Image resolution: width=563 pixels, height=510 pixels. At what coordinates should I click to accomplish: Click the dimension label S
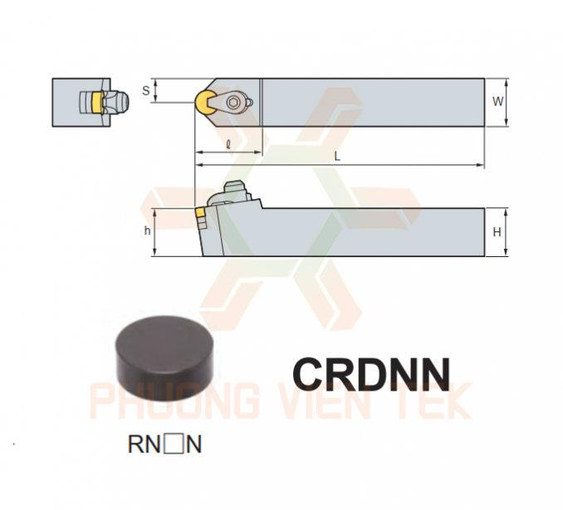[145, 90]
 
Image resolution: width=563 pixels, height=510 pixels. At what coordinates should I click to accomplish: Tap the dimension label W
[497, 102]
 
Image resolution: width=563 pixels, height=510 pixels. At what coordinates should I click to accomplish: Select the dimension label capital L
[337, 156]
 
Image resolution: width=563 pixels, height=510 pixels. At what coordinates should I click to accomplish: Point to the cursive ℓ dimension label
[228, 144]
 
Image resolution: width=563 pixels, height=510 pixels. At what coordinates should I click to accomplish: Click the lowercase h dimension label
[147, 231]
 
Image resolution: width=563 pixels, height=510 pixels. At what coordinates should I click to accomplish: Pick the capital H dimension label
[497, 232]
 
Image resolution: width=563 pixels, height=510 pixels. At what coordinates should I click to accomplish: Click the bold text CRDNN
[372, 375]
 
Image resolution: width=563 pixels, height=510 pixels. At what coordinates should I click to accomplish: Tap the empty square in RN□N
[174, 444]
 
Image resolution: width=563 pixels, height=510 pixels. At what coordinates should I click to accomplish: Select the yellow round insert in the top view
[203, 102]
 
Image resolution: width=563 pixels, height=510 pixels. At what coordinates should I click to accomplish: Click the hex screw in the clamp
[233, 103]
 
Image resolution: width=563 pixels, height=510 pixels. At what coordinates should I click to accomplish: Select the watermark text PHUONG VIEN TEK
[281, 401]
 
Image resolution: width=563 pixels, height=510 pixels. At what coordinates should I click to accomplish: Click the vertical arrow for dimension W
[507, 102]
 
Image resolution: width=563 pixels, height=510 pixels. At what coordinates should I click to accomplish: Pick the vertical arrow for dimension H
[506, 232]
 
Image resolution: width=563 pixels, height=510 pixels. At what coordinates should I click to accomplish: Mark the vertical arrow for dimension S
[155, 90]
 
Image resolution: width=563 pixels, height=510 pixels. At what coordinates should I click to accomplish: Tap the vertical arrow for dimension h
[155, 232]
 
